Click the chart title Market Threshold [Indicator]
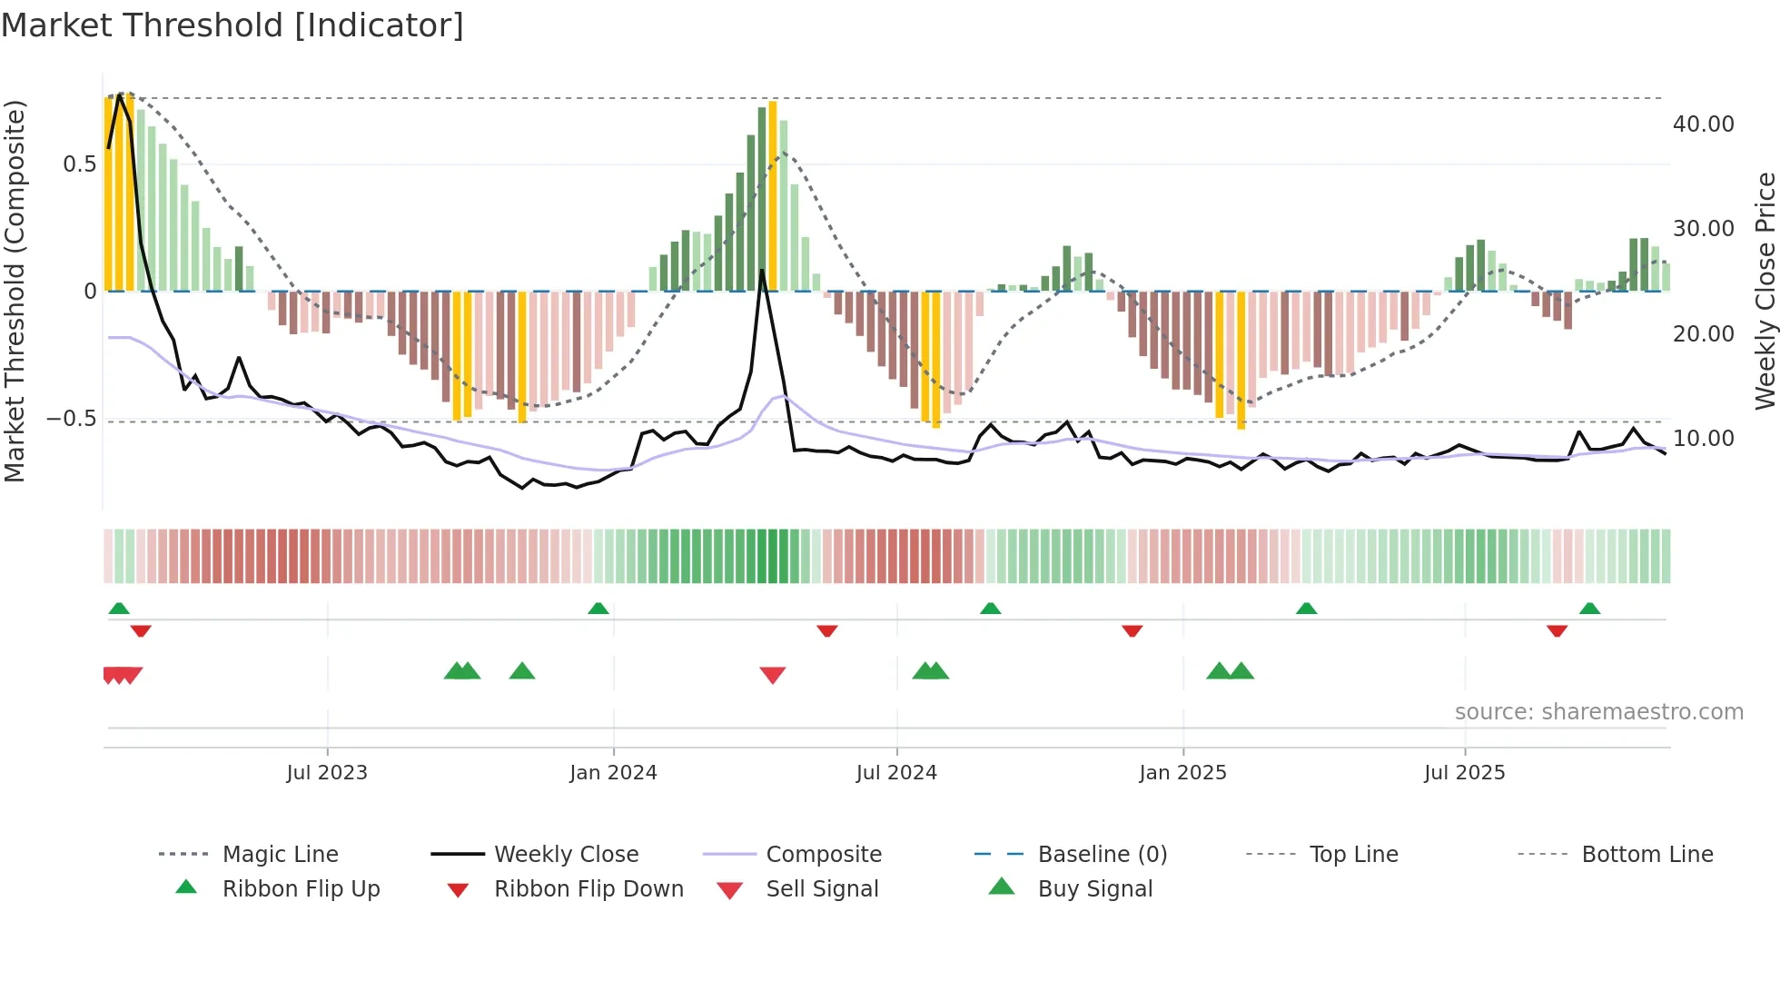[232, 25]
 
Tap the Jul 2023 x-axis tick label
[327, 773]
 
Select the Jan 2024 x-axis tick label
[613, 773]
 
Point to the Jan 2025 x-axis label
[1182, 773]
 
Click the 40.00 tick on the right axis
[1703, 124]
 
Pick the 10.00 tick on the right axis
[1703, 439]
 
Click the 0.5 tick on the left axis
[79, 164]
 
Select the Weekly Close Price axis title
[1765, 291]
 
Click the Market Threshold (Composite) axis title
[15, 291]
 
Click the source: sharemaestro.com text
[1598, 712]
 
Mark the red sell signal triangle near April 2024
[773, 674]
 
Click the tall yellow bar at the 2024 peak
[773, 195]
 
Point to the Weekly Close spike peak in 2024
[762, 271]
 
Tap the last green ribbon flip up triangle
[1589, 609]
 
